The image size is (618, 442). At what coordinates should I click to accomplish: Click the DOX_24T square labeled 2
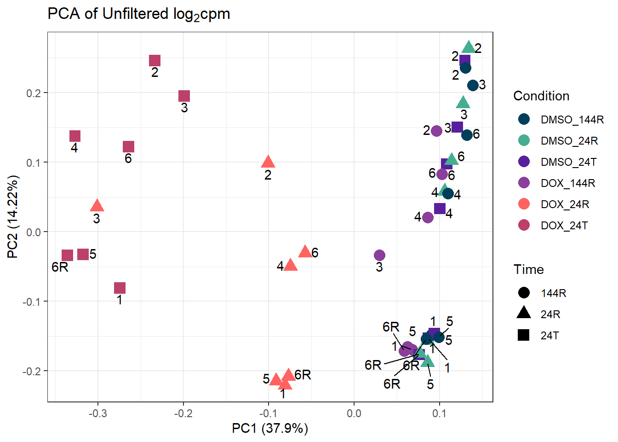pyautogui.click(x=154, y=61)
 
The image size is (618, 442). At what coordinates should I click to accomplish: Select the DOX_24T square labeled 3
pyautogui.click(x=184, y=96)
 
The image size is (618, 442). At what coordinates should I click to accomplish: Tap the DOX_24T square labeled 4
pyautogui.click(x=75, y=136)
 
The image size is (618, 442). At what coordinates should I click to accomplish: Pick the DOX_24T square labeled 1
pyautogui.click(x=120, y=288)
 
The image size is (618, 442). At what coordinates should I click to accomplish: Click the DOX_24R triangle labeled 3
pyautogui.click(x=97, y=206)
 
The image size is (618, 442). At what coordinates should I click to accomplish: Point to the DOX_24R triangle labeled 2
pyautogui.click(x=268, y=162)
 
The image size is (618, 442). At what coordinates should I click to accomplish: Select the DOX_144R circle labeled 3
pyautogui.click(x=379, y=255)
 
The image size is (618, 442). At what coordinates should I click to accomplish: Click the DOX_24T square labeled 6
pyautogui.click(x=128, y=146)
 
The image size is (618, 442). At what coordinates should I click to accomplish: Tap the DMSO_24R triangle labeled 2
pyautogui.click(x=469, y=47)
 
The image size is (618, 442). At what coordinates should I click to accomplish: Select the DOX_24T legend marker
pyautogui.click(x=524, y=225)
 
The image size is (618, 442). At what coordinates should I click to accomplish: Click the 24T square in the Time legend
pyautogui.click(x=524, y=335)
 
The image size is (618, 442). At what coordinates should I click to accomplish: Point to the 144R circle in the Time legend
pyautogui.click(x=524, y=293)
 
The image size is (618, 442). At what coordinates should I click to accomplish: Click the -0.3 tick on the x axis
pyautogui.click(x=97, y=413)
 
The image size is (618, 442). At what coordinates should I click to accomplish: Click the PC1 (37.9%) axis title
pyautogui.click(x=270, y=428)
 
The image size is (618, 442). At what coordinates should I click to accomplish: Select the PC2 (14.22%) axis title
pyautogui.click(x=13, y=216)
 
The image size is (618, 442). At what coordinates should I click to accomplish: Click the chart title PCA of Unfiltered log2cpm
pyautogui.click(x=139, y=14)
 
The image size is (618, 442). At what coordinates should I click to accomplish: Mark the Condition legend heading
pyautogui.click(x=541, y=96)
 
